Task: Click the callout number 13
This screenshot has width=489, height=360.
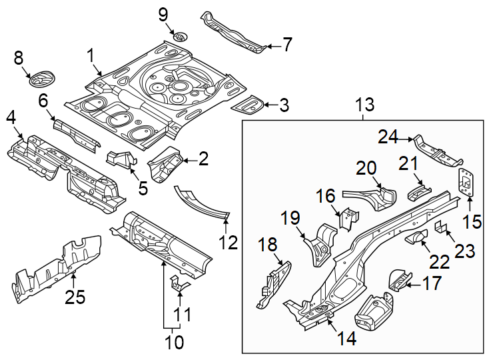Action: (364, 105)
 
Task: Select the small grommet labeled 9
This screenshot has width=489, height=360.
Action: (179, 36)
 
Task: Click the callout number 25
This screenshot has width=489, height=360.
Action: (75, 297)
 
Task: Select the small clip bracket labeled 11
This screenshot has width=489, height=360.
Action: (179, 284)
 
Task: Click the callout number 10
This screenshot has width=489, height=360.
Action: (174, 343)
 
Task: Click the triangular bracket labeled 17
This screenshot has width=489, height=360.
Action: (397, 277)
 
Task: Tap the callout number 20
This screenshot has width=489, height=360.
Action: (366, 168)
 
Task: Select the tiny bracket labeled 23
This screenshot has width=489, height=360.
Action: (440, 227)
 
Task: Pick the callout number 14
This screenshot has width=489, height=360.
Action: (346, 338)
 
